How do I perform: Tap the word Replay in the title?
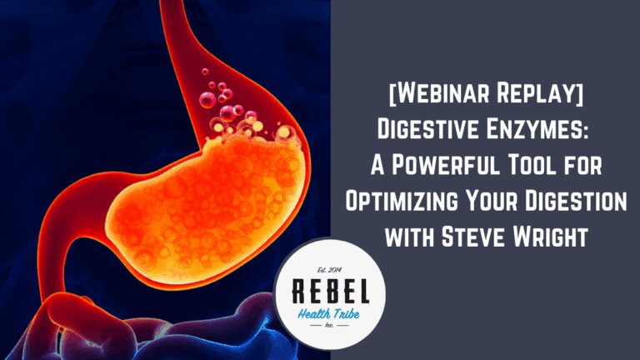click(540, 93)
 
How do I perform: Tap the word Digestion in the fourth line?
click(576, 201)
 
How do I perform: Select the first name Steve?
click(473, 237)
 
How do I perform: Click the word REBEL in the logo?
click(331, 292)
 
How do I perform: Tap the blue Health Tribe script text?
click(328, 314)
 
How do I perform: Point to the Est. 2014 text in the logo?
click(329, 270)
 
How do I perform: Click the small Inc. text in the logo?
click(329, 326)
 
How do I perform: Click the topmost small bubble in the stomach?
click(205, 72)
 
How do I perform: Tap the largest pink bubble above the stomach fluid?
click(207, 100)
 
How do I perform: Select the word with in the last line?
click(409, 237)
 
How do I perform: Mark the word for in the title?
click(586, 165)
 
